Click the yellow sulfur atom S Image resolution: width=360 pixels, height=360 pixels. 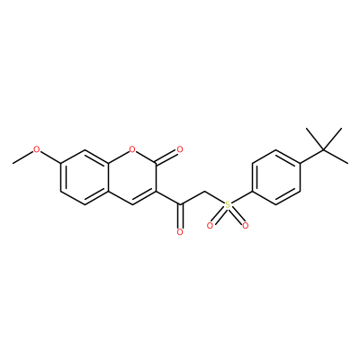coord(228,205)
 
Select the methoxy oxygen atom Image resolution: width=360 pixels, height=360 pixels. coord(36,149)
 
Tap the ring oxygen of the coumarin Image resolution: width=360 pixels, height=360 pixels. coord(132,149)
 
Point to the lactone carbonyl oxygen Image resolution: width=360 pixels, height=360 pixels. coord(180,149)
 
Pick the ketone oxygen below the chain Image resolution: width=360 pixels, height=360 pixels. coord(180,232)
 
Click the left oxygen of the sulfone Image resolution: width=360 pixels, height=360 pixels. coord(210,226)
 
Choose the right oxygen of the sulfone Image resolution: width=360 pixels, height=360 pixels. coord(246,226)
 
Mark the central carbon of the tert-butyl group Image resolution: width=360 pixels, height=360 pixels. coord(324,149)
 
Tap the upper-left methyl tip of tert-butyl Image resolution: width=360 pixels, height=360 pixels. coord(307,129)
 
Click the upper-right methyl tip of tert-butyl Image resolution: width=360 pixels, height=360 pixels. coord(342,129)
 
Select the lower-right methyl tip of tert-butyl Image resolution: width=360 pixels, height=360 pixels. coord(348,163)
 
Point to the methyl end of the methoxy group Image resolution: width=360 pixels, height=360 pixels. coord(13,163)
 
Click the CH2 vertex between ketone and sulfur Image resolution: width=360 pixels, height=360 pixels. coord(204,191)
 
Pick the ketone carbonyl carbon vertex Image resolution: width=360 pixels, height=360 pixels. coord(180,205)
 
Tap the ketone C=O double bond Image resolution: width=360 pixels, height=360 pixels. coord(180,217)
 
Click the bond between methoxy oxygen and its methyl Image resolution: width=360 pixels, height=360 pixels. coord(22,157)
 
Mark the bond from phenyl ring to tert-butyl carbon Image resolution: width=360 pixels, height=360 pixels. coord(312,157)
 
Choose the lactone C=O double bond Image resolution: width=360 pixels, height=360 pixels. coord(166,157)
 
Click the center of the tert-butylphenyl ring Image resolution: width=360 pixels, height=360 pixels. coord(276,177)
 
